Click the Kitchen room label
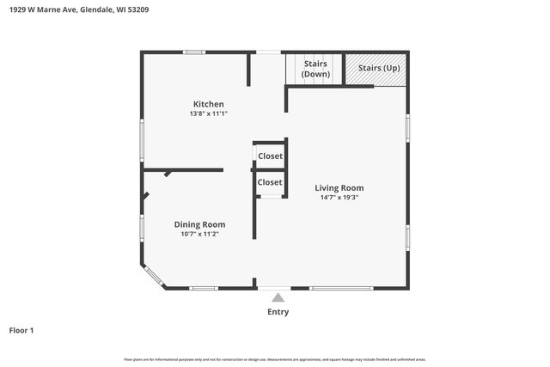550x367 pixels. point(208,104)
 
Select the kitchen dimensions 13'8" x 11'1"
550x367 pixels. point(208,113)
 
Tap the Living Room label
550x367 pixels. point(339,187)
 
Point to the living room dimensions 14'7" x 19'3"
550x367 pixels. point(339,198)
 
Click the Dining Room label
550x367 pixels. point(199,224)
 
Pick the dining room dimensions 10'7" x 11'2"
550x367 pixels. point(199,234)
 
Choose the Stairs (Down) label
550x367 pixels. point(315,69)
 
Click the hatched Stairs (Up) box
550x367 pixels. point(376,69)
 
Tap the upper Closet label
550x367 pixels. point(270,156)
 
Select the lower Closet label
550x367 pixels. point(270,182)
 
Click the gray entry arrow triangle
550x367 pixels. point(278,297)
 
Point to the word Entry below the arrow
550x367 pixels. point(278,312)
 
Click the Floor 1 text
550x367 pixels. point(21,330)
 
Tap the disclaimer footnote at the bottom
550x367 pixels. point(275,359)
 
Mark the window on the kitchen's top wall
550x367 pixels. point(193,52)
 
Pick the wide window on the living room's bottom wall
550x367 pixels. point(334,288)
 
